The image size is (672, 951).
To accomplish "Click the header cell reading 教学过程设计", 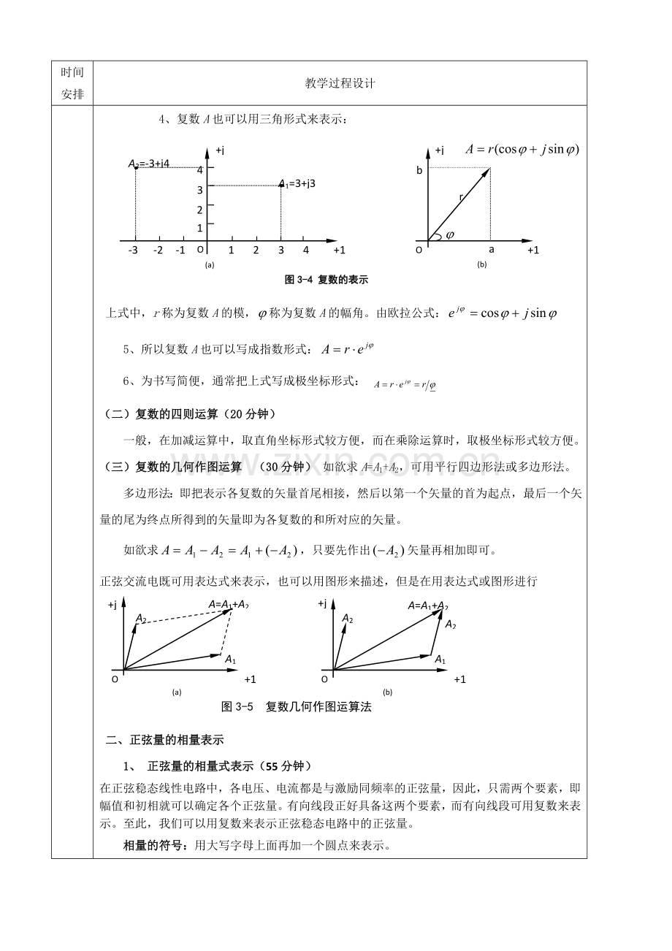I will [x=340, y=84].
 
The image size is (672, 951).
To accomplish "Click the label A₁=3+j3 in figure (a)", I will [x=297, y=183].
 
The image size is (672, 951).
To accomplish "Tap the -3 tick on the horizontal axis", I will [x=133, y=251].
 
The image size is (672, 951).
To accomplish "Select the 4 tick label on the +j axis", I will [x=199, y=170].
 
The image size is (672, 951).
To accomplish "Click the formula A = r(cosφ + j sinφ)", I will [x=522, y=149].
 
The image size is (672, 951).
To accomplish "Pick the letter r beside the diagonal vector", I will [x=461, y=197].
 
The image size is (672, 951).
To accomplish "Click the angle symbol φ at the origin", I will [x=450, y=235].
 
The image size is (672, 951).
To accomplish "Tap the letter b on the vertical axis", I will [x=420, y=170].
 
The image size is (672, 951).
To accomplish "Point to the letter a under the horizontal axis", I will [x=492, y=250].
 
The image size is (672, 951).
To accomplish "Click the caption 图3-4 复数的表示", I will [x=326, y=280].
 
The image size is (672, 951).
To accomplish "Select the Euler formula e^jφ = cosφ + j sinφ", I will [x=503, y=313].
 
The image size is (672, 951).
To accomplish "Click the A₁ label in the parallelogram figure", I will [x=230, y=659].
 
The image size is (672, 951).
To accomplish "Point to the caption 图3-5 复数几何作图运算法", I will [x=296, y=707].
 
